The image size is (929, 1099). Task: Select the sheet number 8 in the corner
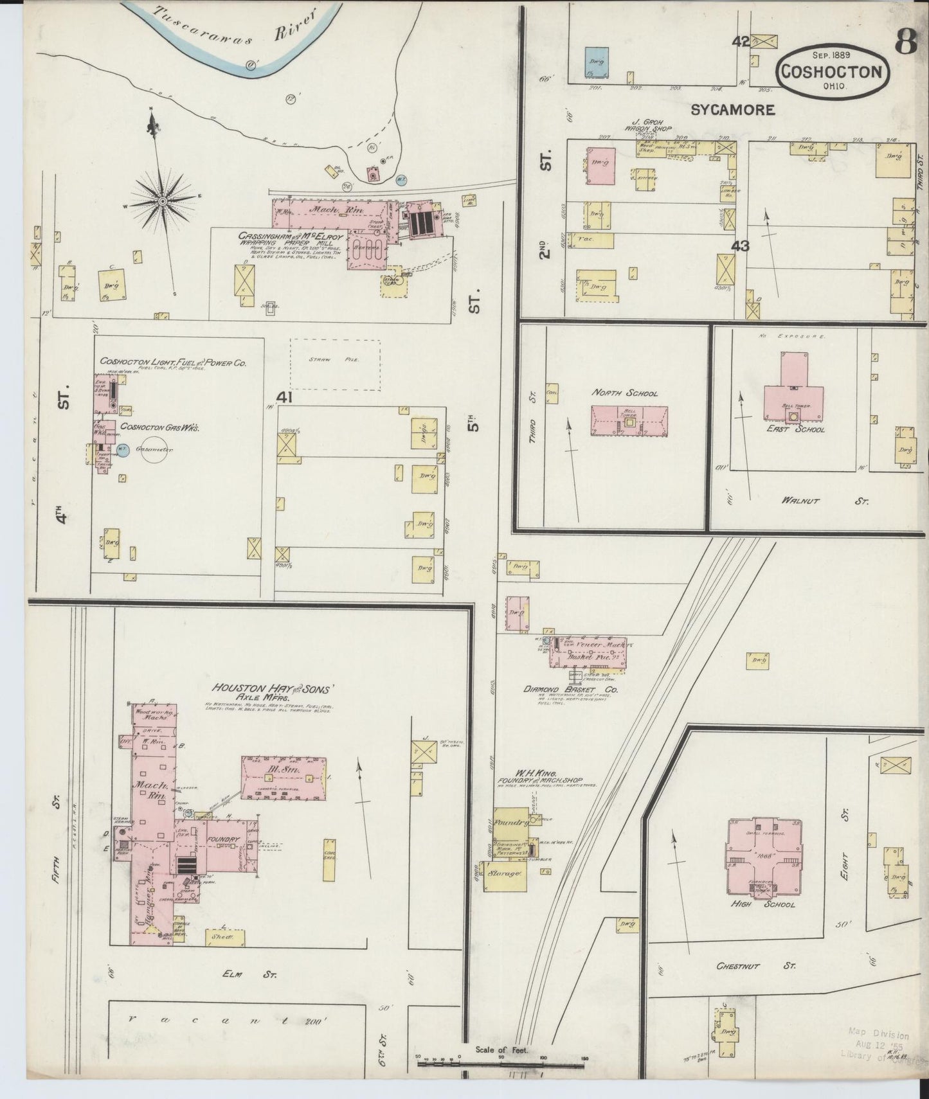pos(906,44)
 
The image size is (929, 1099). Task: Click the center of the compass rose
pos(163,201)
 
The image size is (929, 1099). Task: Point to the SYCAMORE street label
pos(732,110)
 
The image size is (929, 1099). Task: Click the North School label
pos(625,393)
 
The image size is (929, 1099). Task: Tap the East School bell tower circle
pos(794,416)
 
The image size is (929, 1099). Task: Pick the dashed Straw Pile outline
pos(334,365)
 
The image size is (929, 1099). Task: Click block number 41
pos(284,397)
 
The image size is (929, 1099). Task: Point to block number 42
pos(741,41)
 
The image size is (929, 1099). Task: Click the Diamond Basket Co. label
pos(570,690)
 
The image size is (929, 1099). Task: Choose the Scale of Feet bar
pos(501,1064)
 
